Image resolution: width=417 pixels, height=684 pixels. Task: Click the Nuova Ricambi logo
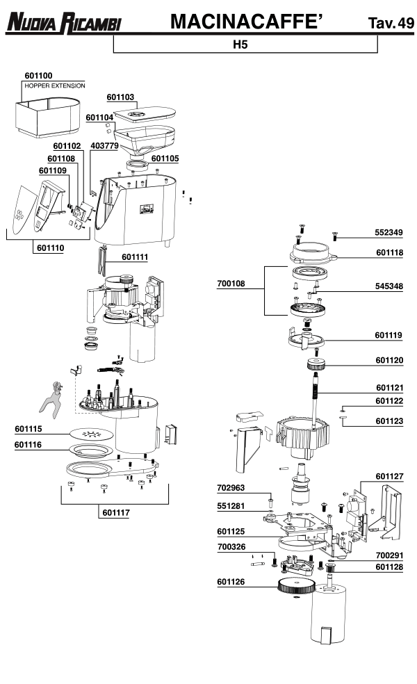63,24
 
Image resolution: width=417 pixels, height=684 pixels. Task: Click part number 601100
38,75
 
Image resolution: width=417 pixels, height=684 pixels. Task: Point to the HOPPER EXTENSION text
54,85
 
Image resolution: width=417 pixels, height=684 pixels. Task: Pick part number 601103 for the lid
120,97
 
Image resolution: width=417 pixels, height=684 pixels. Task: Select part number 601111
135,257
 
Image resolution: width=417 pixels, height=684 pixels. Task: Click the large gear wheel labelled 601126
296,587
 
